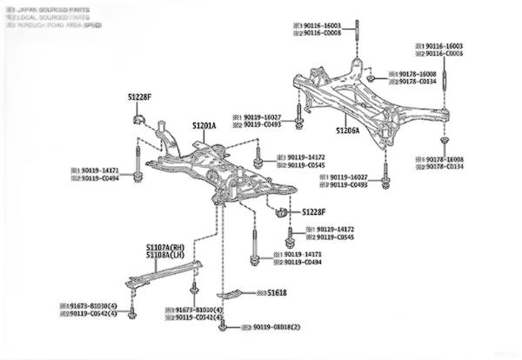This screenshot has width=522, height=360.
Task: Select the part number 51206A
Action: (348, 131)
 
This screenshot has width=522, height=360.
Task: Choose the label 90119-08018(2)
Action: (276, 327)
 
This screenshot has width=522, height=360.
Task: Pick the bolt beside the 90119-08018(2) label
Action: (224, 327)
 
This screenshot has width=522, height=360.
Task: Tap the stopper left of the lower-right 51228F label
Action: (281, 211)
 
